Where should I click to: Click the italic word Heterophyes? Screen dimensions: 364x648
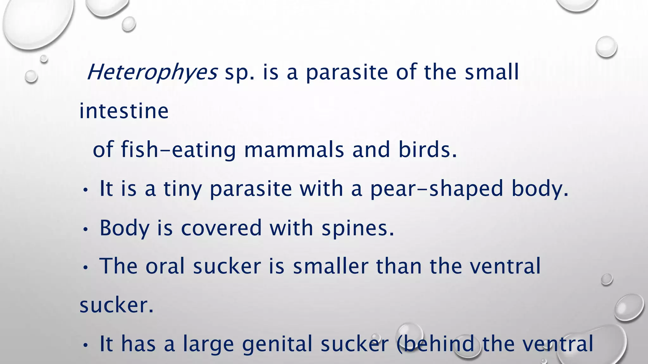152,72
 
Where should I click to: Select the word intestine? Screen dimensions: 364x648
124,111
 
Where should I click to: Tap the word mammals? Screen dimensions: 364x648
294,150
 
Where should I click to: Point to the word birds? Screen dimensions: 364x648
427,150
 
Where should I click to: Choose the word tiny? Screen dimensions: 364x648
183,189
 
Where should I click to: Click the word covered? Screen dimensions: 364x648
221,228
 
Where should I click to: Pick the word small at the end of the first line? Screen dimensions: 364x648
492,72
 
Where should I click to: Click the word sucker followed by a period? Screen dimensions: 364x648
116,306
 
